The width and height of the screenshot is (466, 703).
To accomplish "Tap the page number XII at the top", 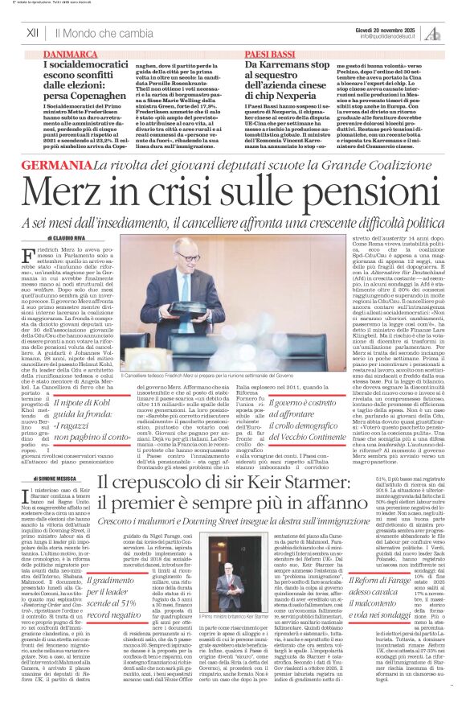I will pyautogui.click(x=33, y=32).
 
